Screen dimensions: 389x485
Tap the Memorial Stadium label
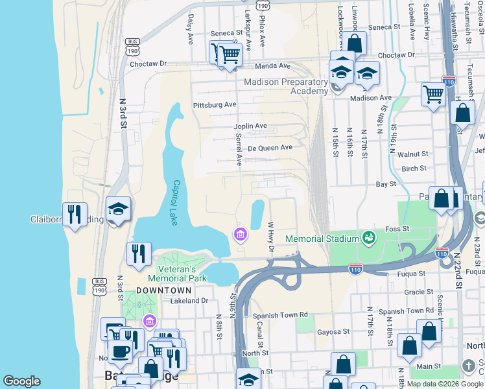pos(322,239)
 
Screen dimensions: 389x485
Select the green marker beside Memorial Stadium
pos(369,238)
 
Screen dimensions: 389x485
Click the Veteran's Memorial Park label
pos(181,273)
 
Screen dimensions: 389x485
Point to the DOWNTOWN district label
pos(164,290)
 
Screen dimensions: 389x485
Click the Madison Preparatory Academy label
pos(286,86)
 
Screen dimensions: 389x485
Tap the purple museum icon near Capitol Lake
pos(240,234)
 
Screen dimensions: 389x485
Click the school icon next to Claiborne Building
pos(119,209)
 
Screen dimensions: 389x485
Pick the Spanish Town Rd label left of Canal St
pos(281,315)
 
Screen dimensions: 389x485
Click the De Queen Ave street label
pos(270,147)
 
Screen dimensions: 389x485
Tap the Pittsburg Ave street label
pos(215,104)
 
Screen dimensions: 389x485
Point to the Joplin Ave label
pos(250,126)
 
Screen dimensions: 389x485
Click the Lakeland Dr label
pos(189,300)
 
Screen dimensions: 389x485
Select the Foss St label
pos(397,229)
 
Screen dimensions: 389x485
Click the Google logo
pos(22,381)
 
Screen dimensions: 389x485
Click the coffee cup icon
pos(119,351)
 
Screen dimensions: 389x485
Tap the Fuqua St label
pos(410,274)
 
